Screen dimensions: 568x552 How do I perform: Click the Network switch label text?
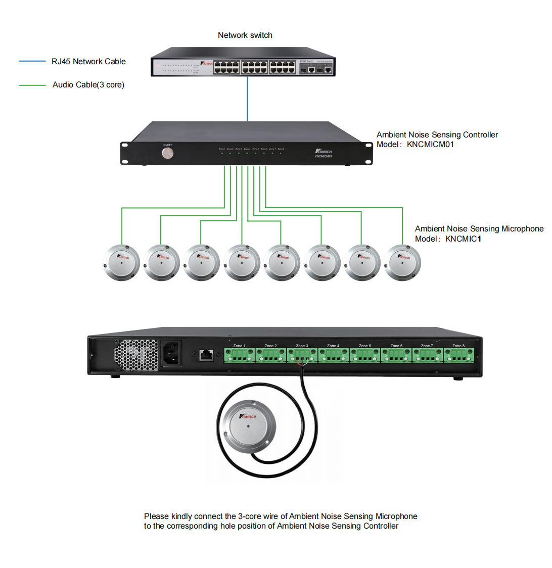coord(245,35)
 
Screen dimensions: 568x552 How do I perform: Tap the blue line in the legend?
coord(32,62)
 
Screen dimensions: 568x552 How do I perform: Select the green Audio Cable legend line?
coord(32,85)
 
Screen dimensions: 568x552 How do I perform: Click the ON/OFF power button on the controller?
coord(167,153)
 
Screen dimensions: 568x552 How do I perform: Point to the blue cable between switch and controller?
coord(247,99)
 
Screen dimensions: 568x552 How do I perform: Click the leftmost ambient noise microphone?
coord(121,263)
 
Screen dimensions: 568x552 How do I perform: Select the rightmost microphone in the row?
coord(402,263)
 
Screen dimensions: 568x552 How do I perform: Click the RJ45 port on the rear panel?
coord(206,355)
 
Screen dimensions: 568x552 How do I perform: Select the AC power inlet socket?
coord(171,354)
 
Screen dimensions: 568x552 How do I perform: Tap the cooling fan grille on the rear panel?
coord(136,355)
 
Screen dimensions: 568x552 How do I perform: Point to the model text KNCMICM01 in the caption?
coord(430,145)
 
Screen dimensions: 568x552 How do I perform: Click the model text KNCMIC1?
coord(463,239)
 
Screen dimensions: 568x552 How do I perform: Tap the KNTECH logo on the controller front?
coord(323,152)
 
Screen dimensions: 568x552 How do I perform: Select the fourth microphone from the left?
coord(242,263)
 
